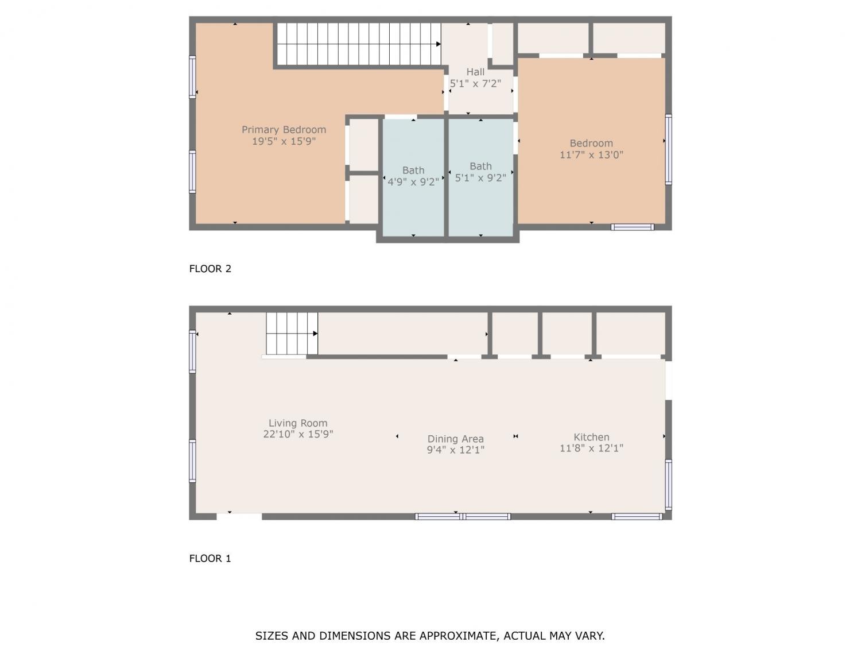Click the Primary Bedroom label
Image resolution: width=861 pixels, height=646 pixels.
click(284, 130)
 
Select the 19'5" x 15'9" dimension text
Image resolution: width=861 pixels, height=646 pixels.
click(284, 141)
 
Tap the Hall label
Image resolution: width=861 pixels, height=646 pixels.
click(475, 72)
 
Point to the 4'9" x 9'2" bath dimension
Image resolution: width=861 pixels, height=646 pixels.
click(413, 182)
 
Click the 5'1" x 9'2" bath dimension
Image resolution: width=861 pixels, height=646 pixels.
click(480, 177)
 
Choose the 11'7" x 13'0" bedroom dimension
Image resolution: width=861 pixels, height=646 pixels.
click(591, 154)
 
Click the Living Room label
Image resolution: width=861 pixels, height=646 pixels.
click(298, 423)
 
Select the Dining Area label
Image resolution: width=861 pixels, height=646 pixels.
click(455, 439)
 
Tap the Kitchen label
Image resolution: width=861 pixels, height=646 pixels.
click(591, 437)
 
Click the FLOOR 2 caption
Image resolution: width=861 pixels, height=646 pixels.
click(210, 269)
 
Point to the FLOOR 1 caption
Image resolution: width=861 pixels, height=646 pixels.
click(210, 558)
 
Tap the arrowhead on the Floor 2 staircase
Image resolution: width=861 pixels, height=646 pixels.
click(438, 44)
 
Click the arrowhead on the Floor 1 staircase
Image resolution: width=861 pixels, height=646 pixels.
click(315, 334)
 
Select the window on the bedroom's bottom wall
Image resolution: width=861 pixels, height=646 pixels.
click(633, 227)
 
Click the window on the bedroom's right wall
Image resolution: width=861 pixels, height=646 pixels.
click(668, 149)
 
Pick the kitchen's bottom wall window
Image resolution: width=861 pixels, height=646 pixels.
click(637, 517)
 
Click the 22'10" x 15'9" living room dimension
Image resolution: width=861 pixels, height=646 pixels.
click(298, 434)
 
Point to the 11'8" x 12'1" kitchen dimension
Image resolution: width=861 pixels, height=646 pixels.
click(591, 448)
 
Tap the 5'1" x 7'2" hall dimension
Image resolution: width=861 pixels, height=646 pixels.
click(475, 83)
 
